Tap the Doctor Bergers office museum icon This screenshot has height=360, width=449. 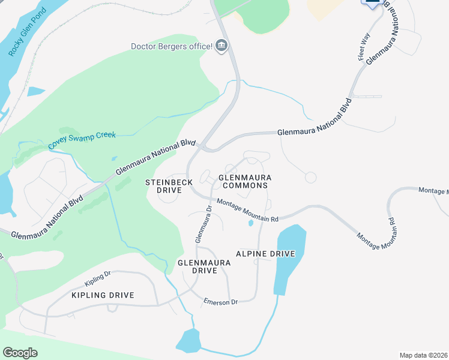pyautogui.click(x=221, y=46)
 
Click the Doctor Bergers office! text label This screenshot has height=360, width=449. pyautogui.click(x=172, y=46)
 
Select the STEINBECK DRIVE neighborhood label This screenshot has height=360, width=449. pyautogui.click(x=169, y=185)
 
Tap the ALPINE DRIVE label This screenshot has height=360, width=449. pyautogui.click(x=265, y=254)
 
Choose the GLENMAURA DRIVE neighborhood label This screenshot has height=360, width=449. pyautogui.click(x=196, y=266)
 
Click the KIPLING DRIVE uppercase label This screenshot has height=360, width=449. pyautogui.click(x=102, y=295)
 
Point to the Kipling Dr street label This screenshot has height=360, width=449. pyautogui.click(x=98, y=277)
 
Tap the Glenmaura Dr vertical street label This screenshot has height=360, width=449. pyautogui.click(x=204, y=224)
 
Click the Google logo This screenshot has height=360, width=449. pyautogui.click(x=20, y=353)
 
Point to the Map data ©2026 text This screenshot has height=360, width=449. pyautogui.click(x=423, y=355)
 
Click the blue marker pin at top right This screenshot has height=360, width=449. pyautogui.click(x=373, y=4)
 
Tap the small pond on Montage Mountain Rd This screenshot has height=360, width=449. pyautogui.click(x=250, y=223)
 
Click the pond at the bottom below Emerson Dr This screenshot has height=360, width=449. pyautogui.click(x=188, y=341)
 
